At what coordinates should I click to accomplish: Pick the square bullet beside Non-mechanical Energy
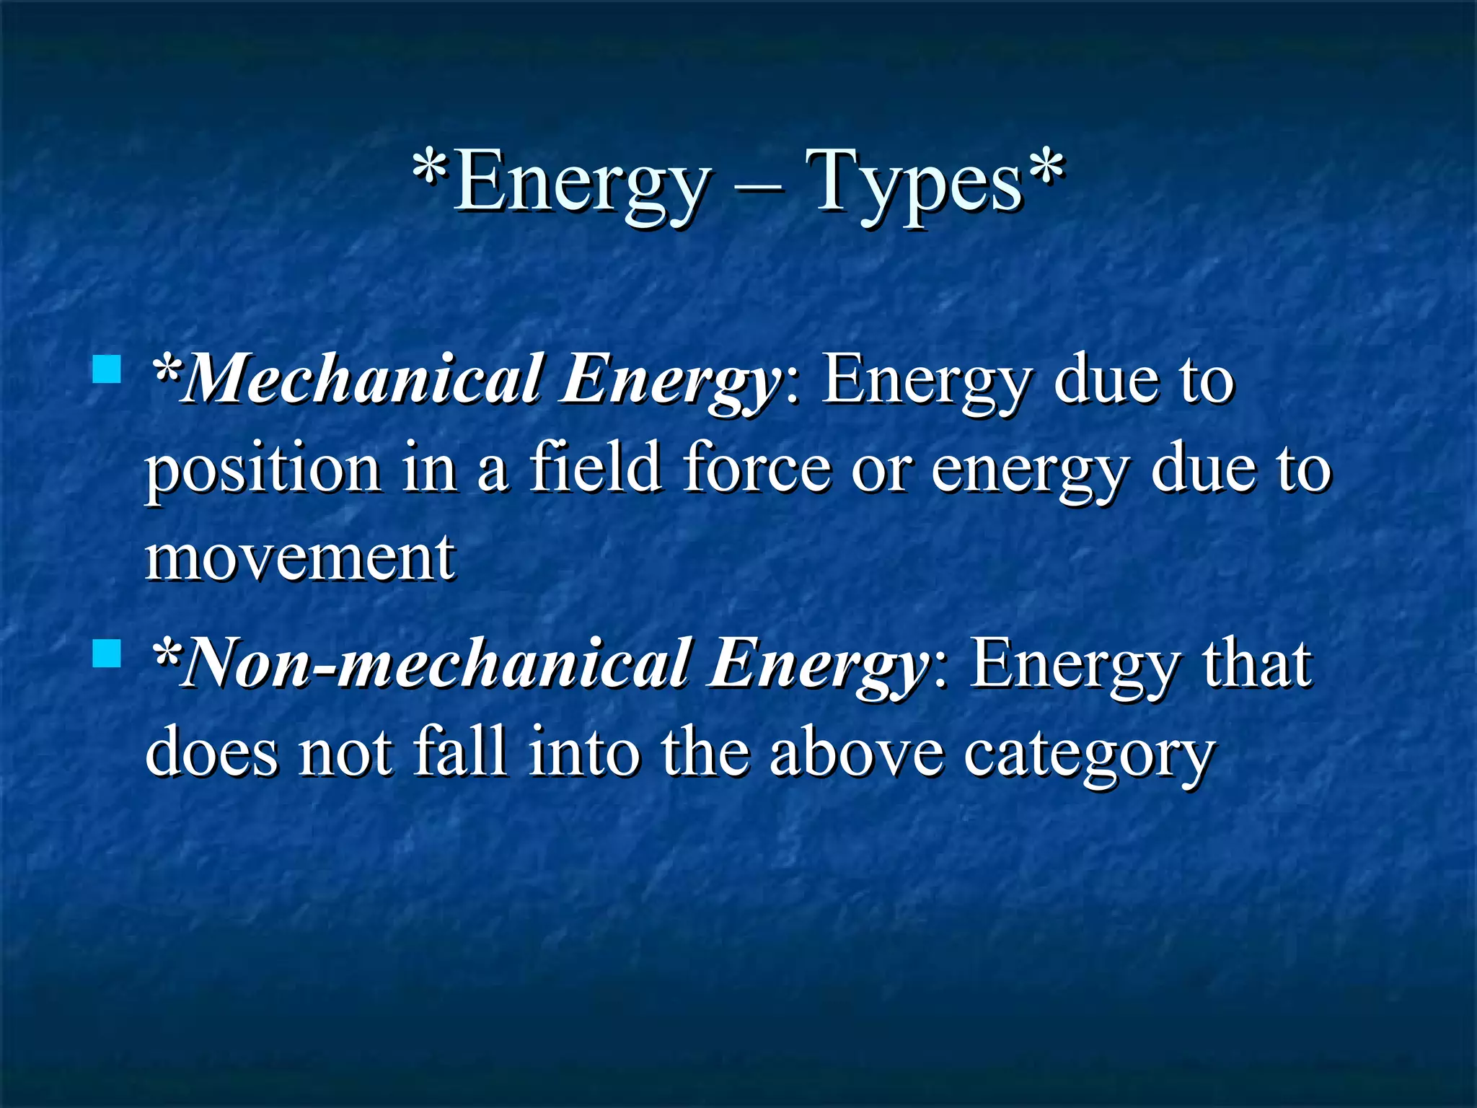[107, 654]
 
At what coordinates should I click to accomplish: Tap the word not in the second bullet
[346, 753]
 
